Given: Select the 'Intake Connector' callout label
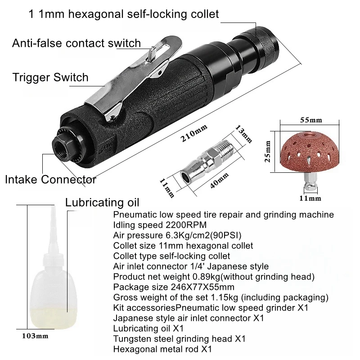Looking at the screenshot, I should click(x=50, y=180).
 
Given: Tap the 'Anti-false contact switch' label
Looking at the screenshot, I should click(x=76, y=44).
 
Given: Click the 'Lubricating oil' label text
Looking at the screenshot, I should click(x=102, y=201).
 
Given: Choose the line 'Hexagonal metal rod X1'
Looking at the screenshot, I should click(x=162, y=349).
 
